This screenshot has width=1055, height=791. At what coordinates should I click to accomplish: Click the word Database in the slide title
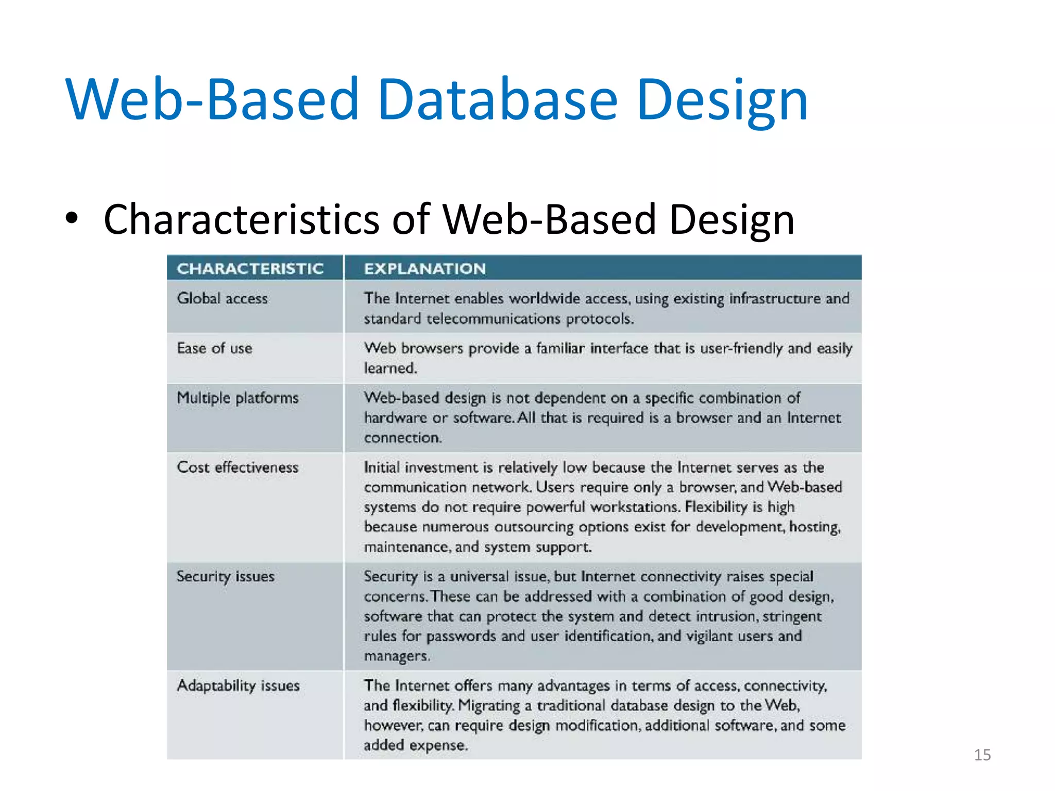497,99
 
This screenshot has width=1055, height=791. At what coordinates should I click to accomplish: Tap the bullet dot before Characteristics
72,218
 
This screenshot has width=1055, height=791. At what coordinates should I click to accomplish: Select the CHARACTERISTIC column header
250,268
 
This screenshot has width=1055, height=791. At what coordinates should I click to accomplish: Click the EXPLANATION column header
424,268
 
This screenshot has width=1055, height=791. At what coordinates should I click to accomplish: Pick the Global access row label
222,299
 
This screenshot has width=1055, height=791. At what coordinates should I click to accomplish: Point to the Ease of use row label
214,349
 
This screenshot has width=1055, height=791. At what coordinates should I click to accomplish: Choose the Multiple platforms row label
237,398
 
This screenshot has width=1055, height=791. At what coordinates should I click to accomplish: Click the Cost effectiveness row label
237,468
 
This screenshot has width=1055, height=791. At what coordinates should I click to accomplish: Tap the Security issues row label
225,576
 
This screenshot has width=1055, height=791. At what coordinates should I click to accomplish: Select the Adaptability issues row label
238,686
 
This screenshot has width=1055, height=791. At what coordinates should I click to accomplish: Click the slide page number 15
982,755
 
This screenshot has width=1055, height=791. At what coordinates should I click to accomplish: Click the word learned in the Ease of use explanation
390,368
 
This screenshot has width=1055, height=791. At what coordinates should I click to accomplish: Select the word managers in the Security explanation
396,656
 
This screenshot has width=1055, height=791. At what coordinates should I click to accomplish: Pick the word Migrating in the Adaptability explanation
489,706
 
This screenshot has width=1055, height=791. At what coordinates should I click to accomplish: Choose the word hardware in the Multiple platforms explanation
395,418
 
